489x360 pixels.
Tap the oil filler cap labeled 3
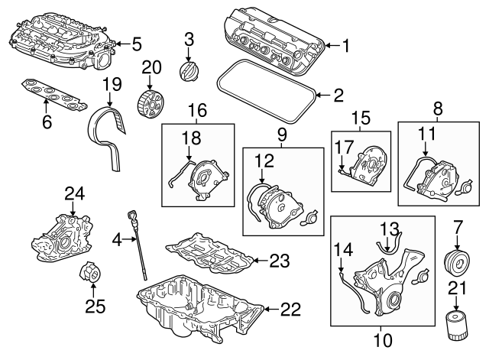(x=187, y=71)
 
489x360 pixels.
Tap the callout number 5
(x=137, y=44)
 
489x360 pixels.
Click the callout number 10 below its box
(x=387, y=338)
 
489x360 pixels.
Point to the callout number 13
(x=390, y=227)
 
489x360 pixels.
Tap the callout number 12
(x=261, y=162)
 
